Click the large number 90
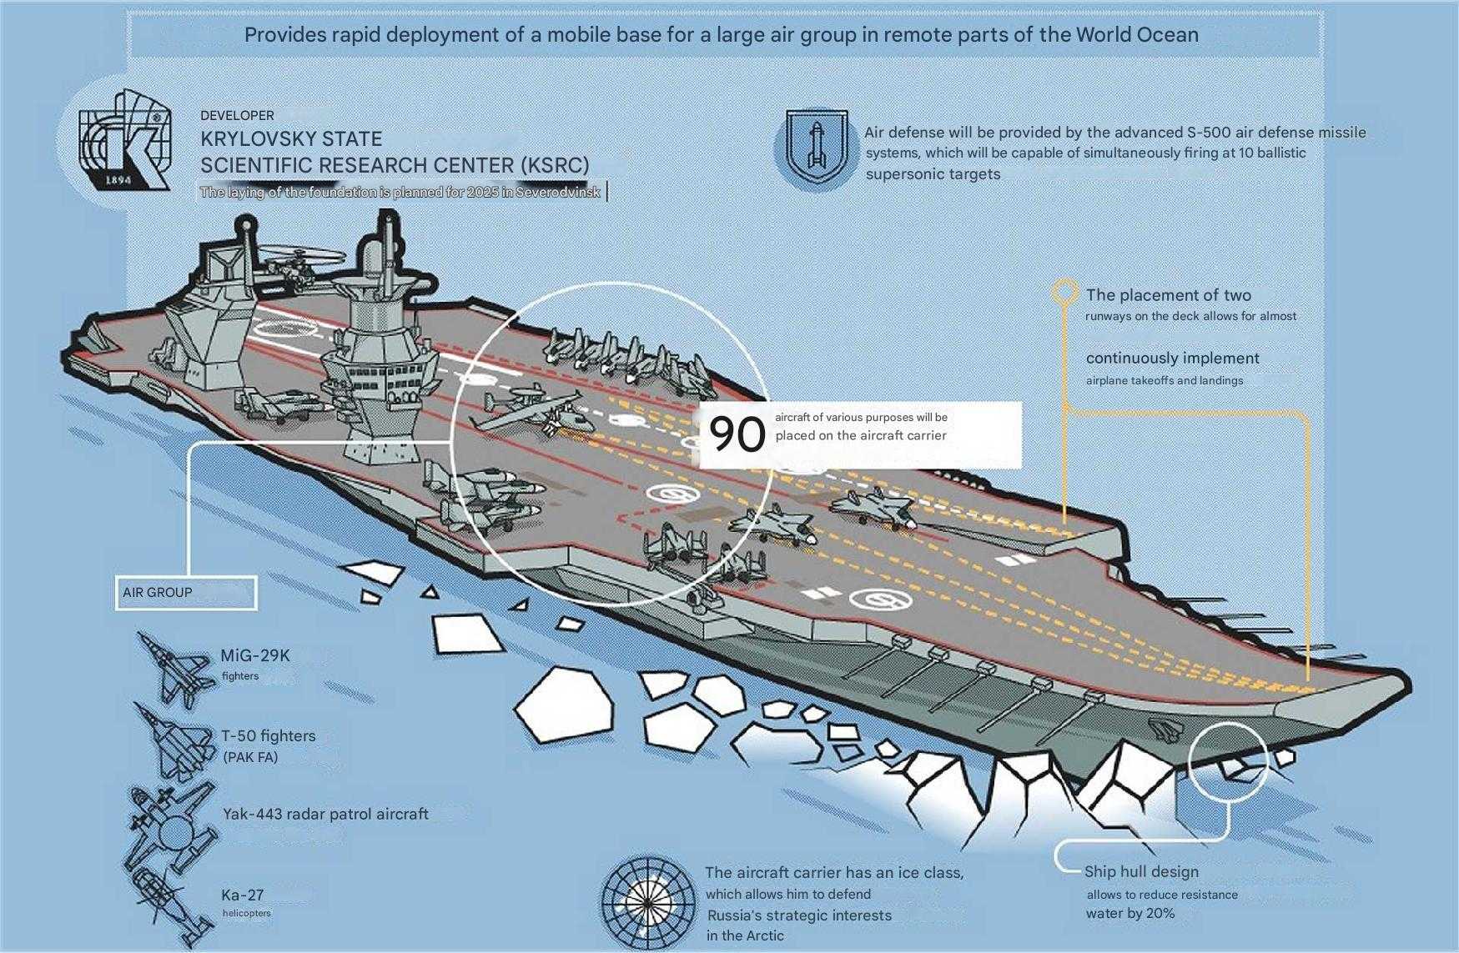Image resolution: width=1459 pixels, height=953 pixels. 737,434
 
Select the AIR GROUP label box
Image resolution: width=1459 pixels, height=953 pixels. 185,593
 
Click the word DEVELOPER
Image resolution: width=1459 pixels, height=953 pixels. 237,115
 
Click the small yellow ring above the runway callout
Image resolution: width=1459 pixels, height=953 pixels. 1064,291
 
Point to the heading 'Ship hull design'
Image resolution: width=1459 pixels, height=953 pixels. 1141,872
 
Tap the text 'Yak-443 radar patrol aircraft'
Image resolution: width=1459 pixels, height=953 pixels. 325,814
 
